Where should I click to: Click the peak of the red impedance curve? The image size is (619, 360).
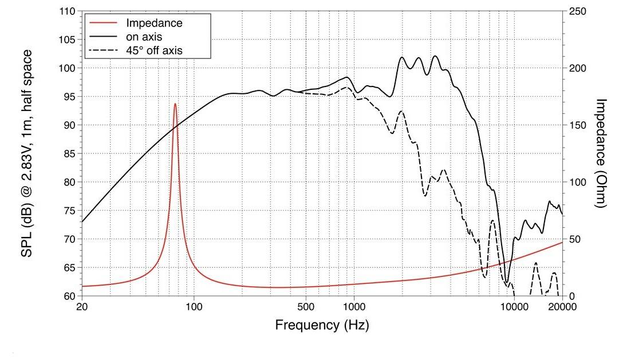point(175,104)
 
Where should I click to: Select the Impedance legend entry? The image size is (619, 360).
point(154,23)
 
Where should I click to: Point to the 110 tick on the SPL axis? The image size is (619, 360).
point(68,11)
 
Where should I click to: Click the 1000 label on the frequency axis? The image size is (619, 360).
point(354,307)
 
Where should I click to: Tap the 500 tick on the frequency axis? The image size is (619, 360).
point(306,307)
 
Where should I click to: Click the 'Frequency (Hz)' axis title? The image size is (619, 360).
point(322,326)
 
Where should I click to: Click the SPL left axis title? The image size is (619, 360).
point(27,153)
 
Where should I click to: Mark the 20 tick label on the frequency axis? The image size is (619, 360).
point(82,307)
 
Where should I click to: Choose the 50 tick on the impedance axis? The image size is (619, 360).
point(575,239)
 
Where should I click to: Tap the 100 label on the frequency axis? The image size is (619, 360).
point(194,307)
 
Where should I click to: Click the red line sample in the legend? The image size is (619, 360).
point(104,23)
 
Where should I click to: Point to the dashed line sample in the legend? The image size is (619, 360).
point(104,50)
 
